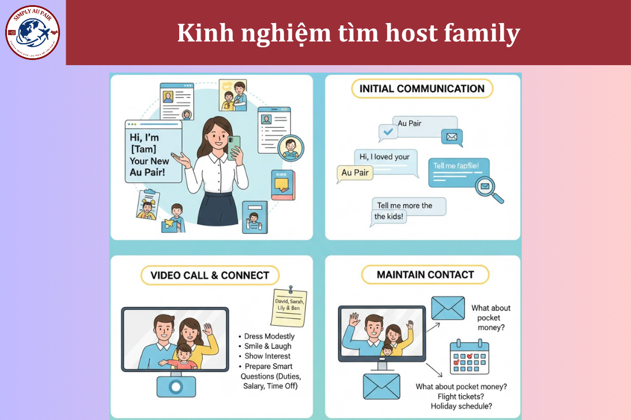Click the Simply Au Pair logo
pyautogui.click(x=32, y=32)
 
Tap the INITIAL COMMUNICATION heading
pyautogui.click(x=422, y=89)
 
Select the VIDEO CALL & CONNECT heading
pyautogui.click(x=210, y=275)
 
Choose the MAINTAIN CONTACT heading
pyautogui.click(x=425, y=275)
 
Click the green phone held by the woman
pyautogui.click(x=234, y=147)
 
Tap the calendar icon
pyautogui.click(x=470, y=357)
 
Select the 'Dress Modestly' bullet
pyautogui.click(x=269, y=336)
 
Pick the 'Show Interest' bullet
pyautogui.click(x=267, y=356)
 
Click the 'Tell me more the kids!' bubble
pyautogui.click(x=409, y=211)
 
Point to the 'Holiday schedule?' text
pyautogui.click(x=461, y=406)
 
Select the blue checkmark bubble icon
pyautogui.click(x=388, y=133)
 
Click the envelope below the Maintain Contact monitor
pyautogui.click(x=381, y=386)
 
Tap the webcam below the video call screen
pyautogui.click(x=176, y=387)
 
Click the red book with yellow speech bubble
pyautogui.click(x=282, y=185)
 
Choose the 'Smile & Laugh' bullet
pyautogui.click(x=268, y=346)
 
